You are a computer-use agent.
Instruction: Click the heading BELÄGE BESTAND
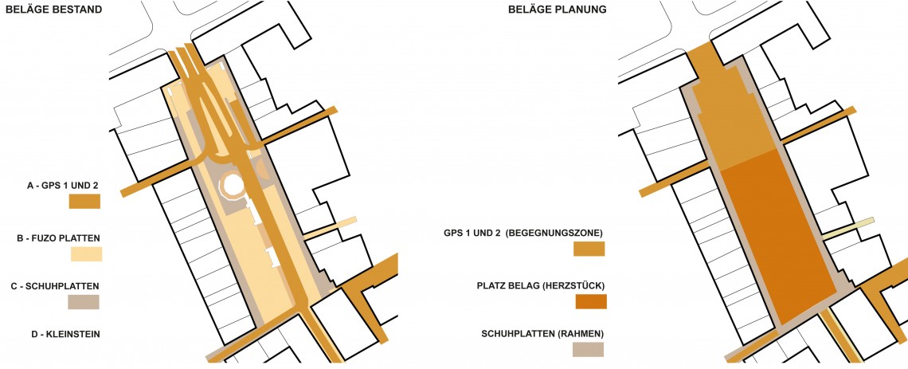coord(54,10)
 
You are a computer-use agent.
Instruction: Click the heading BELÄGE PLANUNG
coord(557,10)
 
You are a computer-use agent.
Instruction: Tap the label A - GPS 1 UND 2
coord(63,186)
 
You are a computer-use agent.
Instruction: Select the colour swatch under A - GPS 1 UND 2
coord(84,201)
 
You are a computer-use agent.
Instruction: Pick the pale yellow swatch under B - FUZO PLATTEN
coord(86,253)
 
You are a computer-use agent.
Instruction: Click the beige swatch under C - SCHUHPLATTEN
coord(84,302)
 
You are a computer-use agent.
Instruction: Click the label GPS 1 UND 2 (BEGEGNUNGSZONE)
coord(523,233)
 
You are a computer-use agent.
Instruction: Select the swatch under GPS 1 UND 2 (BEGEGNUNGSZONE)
coord(589,249)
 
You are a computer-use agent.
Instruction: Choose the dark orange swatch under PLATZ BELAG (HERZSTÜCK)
coord(591,302)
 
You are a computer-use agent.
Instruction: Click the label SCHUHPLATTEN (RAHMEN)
coord(542,334)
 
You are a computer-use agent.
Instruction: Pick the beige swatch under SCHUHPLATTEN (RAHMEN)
coord(588,349)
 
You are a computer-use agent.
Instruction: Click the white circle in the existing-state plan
coord(234,186)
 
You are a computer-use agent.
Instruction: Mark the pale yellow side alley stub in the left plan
coord(330,228)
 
